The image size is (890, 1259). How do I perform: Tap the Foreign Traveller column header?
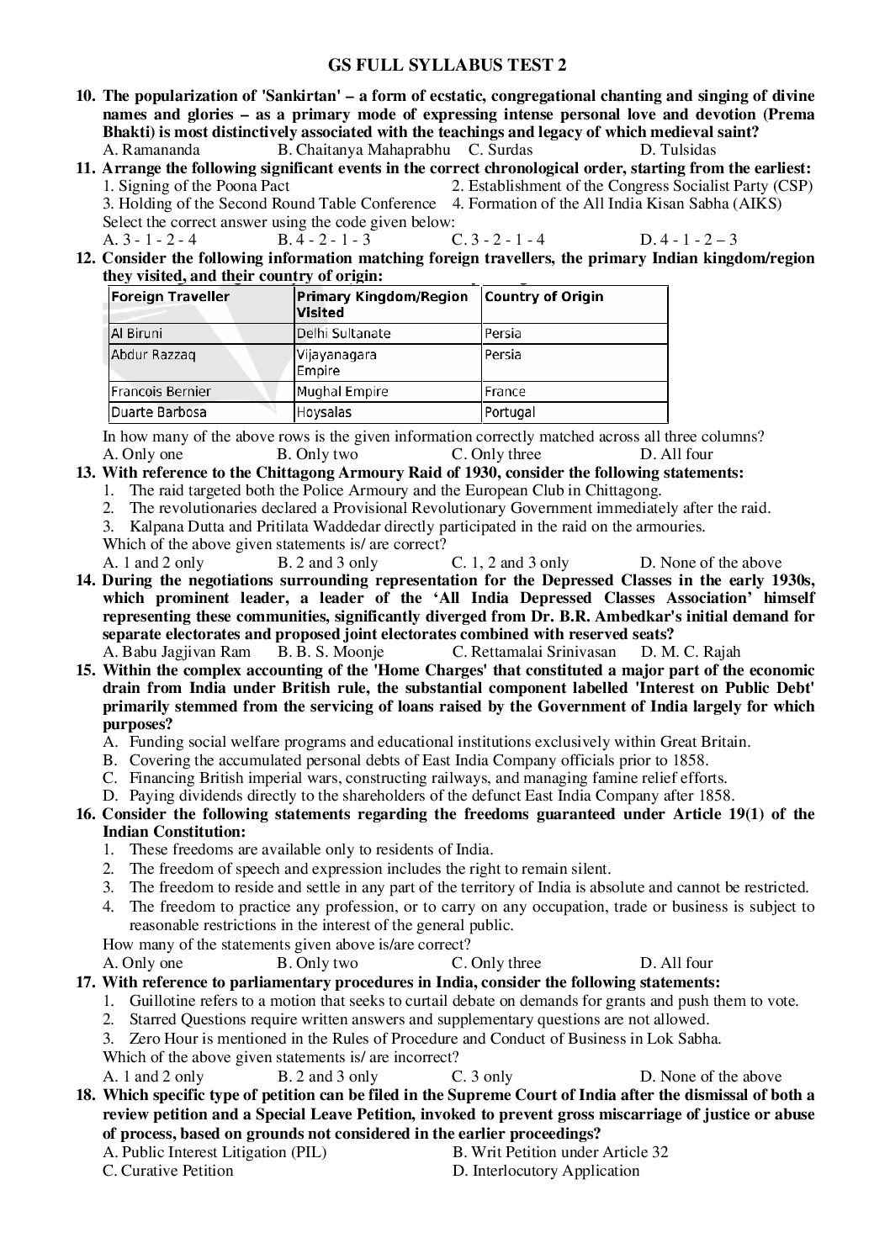pos(171,297)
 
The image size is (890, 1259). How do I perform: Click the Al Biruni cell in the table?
pos(137,333)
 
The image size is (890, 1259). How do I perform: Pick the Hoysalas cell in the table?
pos(324,412)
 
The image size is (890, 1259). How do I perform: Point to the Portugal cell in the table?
pos(510,412)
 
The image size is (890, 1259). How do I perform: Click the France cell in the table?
pos(506,391)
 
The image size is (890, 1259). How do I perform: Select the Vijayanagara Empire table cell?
pos(336,362)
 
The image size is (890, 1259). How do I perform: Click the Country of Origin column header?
pos(544,297)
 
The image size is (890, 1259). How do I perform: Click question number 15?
pos(86,670)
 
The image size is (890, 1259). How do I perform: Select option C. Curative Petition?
pos(167,1170)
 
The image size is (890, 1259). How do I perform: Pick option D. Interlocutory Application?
pos(545,1170)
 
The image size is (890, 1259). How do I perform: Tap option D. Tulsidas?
pos(678,150)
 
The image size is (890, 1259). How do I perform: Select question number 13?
pos(86,473)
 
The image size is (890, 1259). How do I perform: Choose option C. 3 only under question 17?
pos(482,1076)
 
